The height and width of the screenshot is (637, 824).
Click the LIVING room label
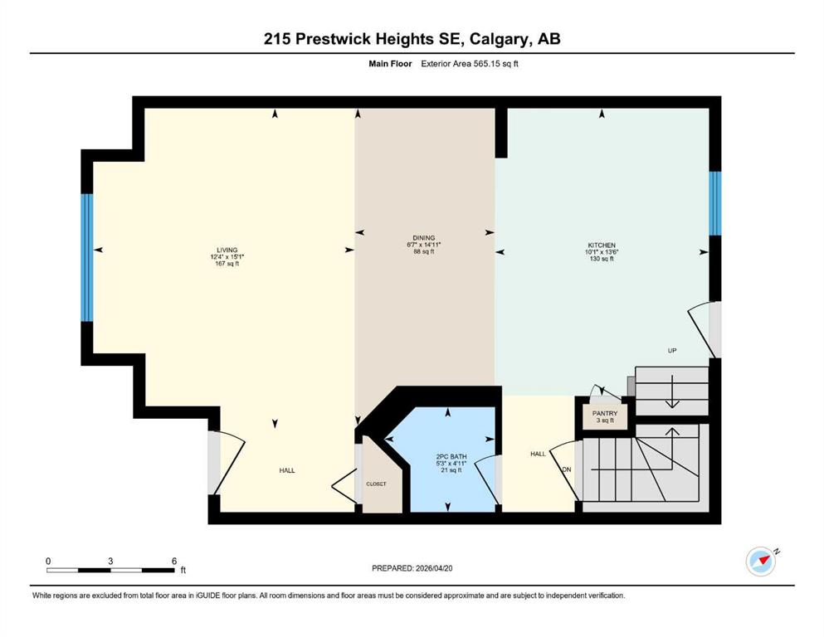coord(227,250)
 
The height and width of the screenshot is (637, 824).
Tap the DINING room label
coord(423,238)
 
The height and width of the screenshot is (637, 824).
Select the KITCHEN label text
coord(602,246)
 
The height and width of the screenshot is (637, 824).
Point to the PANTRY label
coord(605,413)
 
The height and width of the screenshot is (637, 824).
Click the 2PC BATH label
coord(451,457)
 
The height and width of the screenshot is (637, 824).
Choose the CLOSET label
coord(376,484)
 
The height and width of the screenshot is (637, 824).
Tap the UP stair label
coord(672,350)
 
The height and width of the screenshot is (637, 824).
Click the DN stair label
coord(567,469)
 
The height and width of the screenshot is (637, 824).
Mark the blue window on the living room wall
coord(86,258)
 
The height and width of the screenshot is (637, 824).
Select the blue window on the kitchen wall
coord(714,203)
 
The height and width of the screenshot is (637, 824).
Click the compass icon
coord(761,562)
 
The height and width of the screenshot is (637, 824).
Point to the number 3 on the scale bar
coord(110,561)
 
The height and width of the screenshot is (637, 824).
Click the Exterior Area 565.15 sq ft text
coord(470,64)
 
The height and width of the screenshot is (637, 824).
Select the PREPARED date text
coord(412,568)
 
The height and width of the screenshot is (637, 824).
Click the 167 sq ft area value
coord(227,264)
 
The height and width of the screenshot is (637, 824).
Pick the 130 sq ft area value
coord(602,259)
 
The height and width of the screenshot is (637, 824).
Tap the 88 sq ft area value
coord(423,251)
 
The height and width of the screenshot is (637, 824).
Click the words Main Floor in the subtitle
coord(390,64)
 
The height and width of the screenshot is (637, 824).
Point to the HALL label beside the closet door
coord(287,470)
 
